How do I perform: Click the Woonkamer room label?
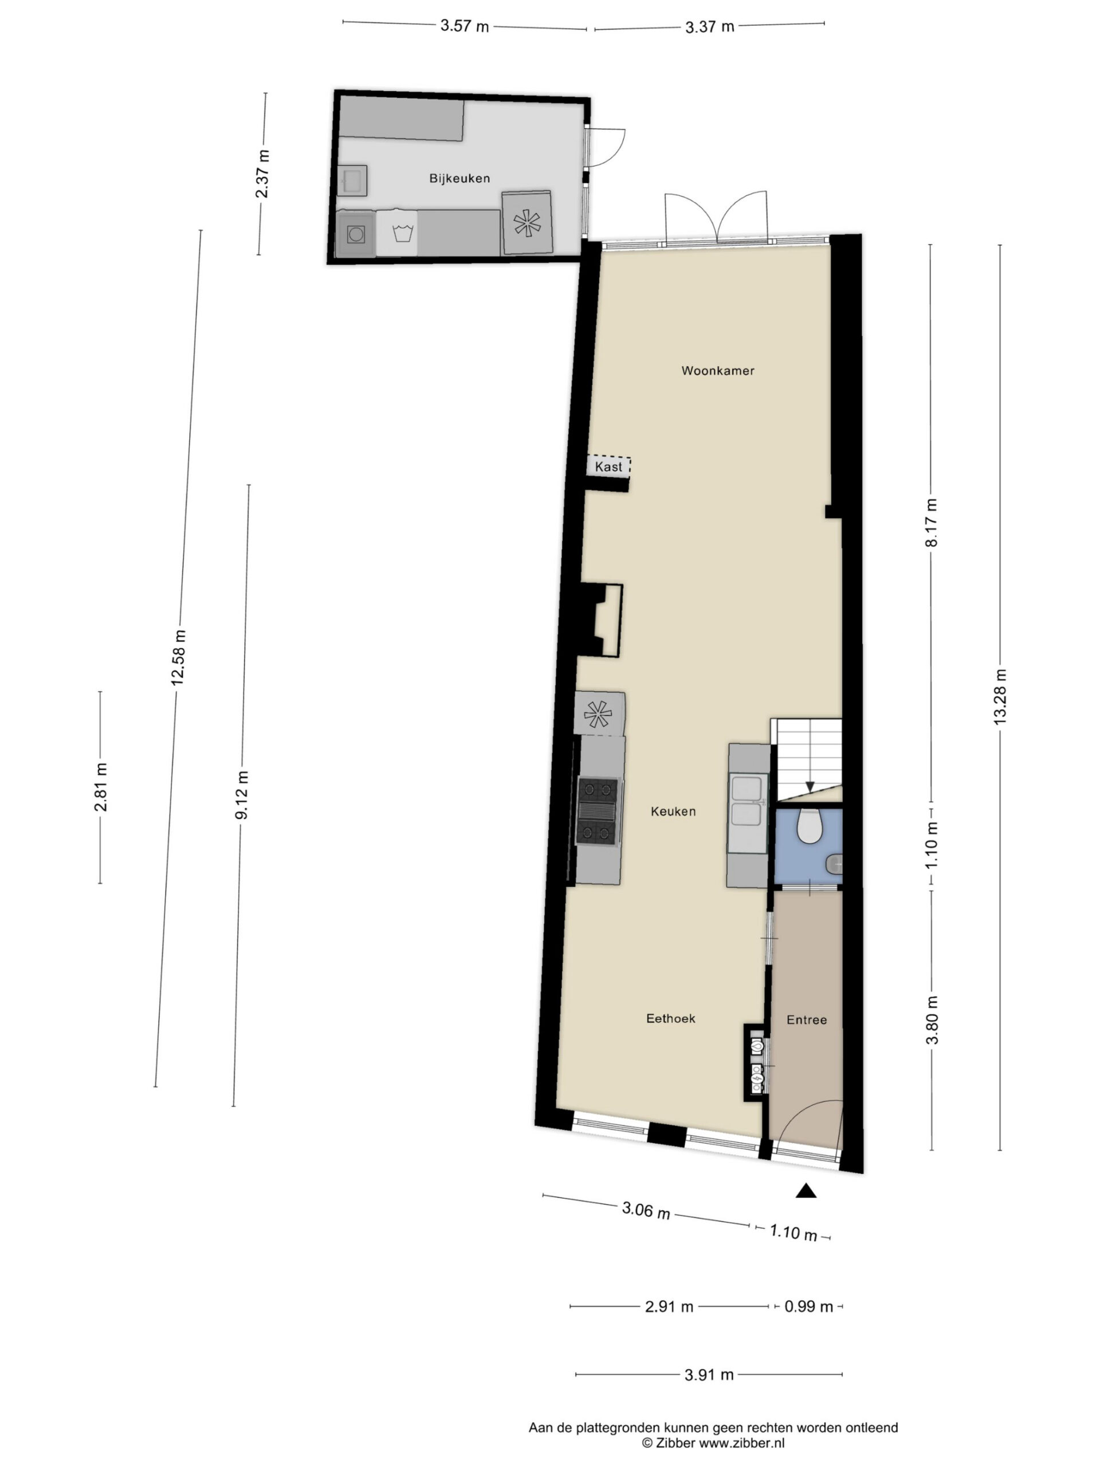(x=717, y=371)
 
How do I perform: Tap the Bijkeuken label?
(x=459, y=178)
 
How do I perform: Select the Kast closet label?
(x=608, y=467)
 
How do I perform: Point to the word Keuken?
(x=673, y=811)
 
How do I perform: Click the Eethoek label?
(x=670, y=1018)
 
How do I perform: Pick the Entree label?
(x=806, y=1019)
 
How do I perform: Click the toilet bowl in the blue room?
(x=810, y=825)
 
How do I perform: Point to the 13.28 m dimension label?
(x=1000, y=696)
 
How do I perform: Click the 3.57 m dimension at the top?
(x=464, y=26)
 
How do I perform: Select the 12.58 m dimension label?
(x=178, y=657)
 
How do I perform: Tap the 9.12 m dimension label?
(x=242, y=794)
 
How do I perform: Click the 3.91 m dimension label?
(x=709, y=1375)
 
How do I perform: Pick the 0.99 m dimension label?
(x=808, y=1307)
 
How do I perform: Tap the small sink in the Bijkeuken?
(x=351, y=181)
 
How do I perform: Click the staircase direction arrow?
(x=810, y=787)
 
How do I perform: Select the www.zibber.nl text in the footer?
(x=742, y=1442)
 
